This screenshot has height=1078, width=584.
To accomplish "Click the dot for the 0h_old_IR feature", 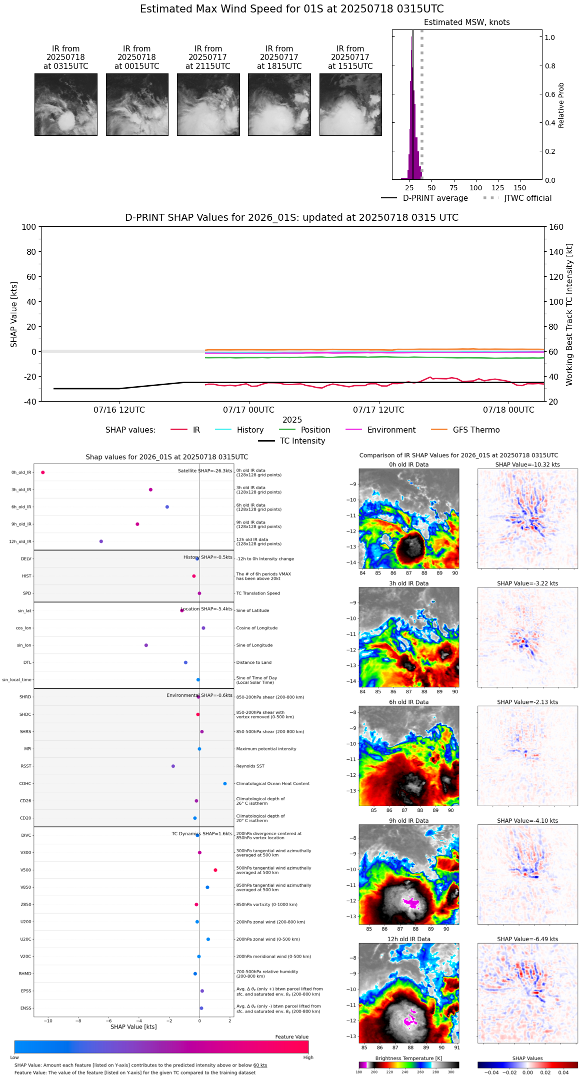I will pos(43,473).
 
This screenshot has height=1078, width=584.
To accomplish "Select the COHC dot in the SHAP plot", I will pos(225,783).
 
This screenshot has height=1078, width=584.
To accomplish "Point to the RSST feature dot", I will pos(173,766).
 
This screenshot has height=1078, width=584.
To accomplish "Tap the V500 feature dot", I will pos(215,870).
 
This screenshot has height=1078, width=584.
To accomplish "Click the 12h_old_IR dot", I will pos(101,541).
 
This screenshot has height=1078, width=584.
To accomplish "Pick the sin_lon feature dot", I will pos(146,645).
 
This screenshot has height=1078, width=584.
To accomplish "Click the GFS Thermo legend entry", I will pos(476,430).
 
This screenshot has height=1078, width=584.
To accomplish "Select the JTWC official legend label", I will pos(527,198).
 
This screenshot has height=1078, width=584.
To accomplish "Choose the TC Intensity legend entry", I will pos(302,441).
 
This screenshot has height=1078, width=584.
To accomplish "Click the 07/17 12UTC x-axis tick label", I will pos(378,410).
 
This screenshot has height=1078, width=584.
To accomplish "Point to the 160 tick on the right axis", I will pos(556,227).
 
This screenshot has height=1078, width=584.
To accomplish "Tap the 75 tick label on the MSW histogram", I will pos(453,188).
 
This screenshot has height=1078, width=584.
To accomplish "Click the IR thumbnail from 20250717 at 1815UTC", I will pos(279,105).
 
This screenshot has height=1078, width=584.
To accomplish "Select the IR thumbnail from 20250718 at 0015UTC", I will pos(137,105).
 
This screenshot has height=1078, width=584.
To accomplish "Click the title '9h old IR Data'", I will pos(408,821).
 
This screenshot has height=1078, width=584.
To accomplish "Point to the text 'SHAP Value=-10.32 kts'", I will pos(527,465).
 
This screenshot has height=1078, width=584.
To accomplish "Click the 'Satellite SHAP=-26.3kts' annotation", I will pos(205,471).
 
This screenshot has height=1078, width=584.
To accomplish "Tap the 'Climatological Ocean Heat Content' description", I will pos(272,784).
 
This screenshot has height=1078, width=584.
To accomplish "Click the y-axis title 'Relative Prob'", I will pos(561,105).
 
